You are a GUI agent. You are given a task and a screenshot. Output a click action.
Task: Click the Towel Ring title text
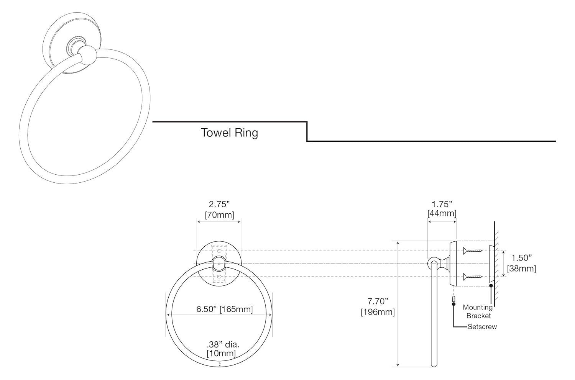(x=229, y=133)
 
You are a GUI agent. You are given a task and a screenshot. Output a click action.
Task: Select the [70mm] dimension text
(x=219, y=215)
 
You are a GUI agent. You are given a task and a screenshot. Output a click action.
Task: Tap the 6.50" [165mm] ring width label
(x=224, y=309)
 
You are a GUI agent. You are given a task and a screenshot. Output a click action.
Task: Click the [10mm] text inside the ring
(x=221, y=353)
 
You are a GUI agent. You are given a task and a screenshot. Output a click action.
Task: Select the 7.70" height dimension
(x=378, y=301)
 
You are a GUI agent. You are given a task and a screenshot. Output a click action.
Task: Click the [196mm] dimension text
(x=378, y=312)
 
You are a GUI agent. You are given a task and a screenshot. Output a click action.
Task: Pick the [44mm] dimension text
(x=442, y=213)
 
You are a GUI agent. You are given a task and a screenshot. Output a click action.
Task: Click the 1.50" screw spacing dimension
(x=521, y=258)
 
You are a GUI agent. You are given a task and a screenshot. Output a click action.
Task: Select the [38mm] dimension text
(x=521, y=269)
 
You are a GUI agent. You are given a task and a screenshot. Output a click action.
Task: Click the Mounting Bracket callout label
(x=478, y=311)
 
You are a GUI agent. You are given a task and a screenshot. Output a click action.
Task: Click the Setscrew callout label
(x=482, y=327)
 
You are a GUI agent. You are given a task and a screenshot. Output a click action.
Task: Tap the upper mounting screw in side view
(x=472, y=251)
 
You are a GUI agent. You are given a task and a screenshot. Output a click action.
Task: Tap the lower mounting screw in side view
(x=472, y=277)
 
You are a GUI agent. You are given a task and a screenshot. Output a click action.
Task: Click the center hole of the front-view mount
(x=219, y=264)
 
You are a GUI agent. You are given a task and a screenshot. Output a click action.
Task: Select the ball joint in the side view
(x=433, y=263)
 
